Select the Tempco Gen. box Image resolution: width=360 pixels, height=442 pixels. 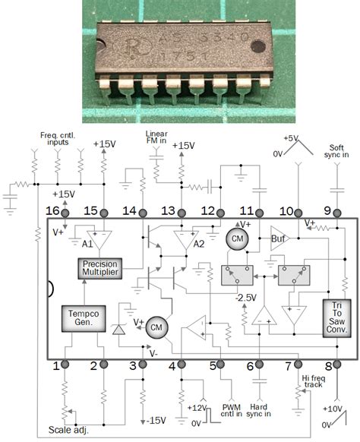(82, 320)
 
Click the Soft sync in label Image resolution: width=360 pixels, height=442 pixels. (337, 151)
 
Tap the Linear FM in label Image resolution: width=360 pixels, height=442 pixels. (157, 137)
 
